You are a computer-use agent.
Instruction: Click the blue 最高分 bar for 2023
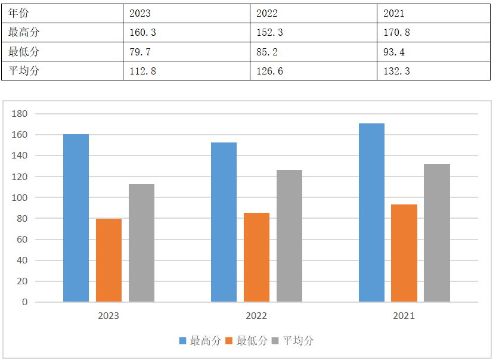point(76,218)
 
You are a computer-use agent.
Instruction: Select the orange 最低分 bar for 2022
point(256,257)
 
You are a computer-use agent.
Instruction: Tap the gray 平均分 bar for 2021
point(437,232)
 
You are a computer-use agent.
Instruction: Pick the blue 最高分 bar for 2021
point(371,212)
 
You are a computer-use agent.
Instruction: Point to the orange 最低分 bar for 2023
point(108,260)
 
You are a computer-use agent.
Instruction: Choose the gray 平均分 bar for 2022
point(289,235)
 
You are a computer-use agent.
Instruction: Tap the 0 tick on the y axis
point(25,302)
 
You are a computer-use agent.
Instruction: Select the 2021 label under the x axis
point(404,316)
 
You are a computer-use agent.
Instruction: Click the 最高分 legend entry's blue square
point(183,341)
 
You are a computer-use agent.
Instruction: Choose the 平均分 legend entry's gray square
point(275,341)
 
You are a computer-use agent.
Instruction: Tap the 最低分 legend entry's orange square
point(230,341)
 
